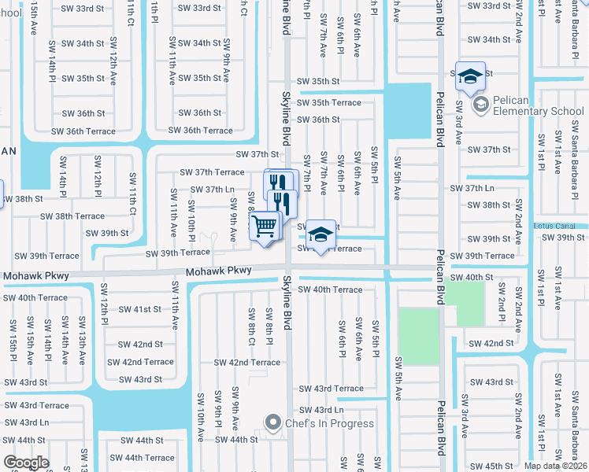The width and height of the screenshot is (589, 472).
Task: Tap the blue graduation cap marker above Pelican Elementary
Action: [470, 76]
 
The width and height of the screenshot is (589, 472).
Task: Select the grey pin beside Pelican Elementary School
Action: [479, 104]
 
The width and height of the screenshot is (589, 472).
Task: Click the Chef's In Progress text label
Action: [329, 423]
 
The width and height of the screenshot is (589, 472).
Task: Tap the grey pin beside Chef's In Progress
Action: [273, 422]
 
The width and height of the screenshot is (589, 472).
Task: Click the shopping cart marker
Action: [265, 227]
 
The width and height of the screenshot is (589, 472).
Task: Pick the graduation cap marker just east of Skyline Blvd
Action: [320, 235]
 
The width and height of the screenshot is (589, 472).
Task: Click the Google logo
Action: [26, 463]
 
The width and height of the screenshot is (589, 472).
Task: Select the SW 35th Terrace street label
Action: [329, 103]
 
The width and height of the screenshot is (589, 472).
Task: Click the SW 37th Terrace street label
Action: [212, 172]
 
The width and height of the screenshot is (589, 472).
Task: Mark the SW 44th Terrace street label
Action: [142, 458]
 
